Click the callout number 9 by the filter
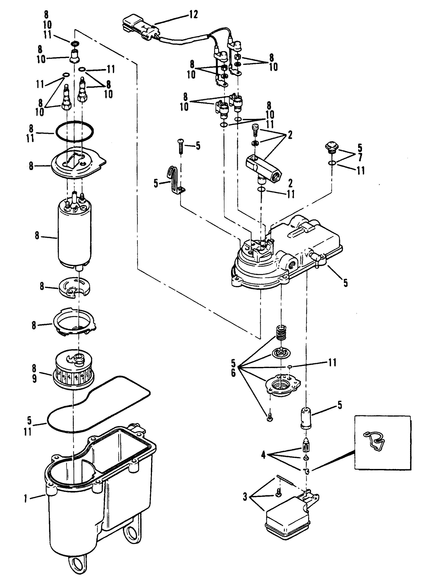(x=34, y=379)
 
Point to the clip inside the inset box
(x=374, y=439)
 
